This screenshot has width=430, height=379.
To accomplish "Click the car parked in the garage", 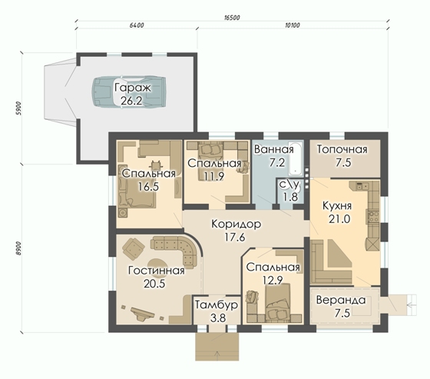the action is click(129, 91).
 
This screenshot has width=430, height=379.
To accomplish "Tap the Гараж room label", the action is click(133, 88).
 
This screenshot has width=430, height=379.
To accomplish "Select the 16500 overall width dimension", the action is click(232, 18).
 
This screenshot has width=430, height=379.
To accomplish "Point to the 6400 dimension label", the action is click(137, 25).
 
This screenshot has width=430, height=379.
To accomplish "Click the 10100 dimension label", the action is click(293, 25).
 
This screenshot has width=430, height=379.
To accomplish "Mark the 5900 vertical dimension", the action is click(18, 108).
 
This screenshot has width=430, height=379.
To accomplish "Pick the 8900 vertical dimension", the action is click(18, 248).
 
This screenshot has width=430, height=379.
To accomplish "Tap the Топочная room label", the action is click(342, 149).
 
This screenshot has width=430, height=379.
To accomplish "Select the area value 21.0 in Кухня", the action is click(339, 219).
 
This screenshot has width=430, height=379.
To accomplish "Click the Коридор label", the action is click(237, 224).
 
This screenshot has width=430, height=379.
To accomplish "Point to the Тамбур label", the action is click(217, 305).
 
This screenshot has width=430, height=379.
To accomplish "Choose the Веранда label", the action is click(341, 300).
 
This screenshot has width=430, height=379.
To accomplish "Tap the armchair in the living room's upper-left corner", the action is click(134, 248).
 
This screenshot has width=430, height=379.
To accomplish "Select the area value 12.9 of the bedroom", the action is click(273, 280).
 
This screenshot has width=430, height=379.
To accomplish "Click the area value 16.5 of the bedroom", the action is click(148, 187).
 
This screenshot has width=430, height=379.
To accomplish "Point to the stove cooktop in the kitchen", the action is click(373, 216).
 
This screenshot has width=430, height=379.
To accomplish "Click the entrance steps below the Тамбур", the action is click(217, 347).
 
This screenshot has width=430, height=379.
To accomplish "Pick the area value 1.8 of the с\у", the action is click(291, 197).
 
